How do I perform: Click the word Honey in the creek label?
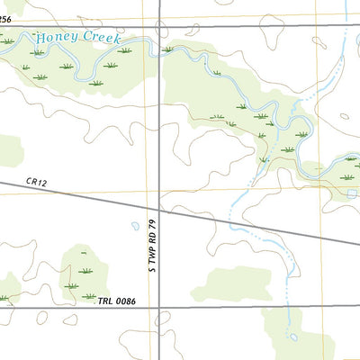pos(52,39)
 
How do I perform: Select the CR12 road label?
pos(35,183)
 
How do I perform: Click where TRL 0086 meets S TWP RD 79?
pos(160,308)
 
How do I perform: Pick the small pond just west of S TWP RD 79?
pos(135,226)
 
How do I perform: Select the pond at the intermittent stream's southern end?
pos(293,337)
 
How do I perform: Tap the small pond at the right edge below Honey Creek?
pos(352,193)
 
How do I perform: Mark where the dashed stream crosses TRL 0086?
pos(288,308)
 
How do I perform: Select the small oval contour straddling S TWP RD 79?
pos(162,319)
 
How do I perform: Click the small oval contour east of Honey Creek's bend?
pos(343,115)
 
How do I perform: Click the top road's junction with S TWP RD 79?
pos(160,25)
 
